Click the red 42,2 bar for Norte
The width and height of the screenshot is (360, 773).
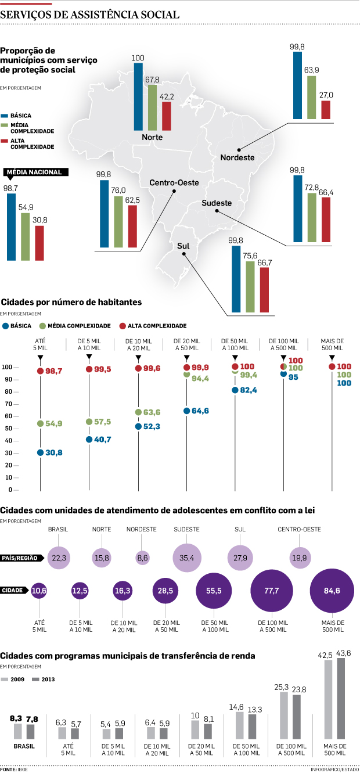[x=167, y=116]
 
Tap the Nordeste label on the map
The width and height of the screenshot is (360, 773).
[x=237, y=157]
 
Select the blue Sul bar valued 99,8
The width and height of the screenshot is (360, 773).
[x=236, y=279]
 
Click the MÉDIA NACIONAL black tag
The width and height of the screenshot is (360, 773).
[x=37, y=172]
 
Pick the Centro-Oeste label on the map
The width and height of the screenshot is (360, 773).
[x=174, y=183]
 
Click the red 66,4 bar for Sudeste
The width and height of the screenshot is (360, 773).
[x=326, y=220]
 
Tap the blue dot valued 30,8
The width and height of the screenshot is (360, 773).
[x=40, y=452]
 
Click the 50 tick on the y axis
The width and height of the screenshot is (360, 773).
[x=24, y=428]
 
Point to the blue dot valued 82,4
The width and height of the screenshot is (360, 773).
[x=235, y=390]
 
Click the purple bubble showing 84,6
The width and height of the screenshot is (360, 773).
[x=333, y=591]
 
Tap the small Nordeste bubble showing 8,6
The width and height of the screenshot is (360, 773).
[x=142, y=558]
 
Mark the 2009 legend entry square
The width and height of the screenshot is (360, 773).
[x=5, y=679]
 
